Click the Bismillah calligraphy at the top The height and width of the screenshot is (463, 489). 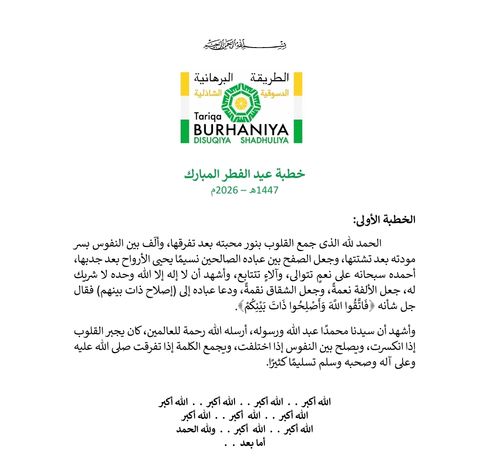click(244, 46)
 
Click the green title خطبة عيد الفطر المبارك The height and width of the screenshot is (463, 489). click(244, 174)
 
